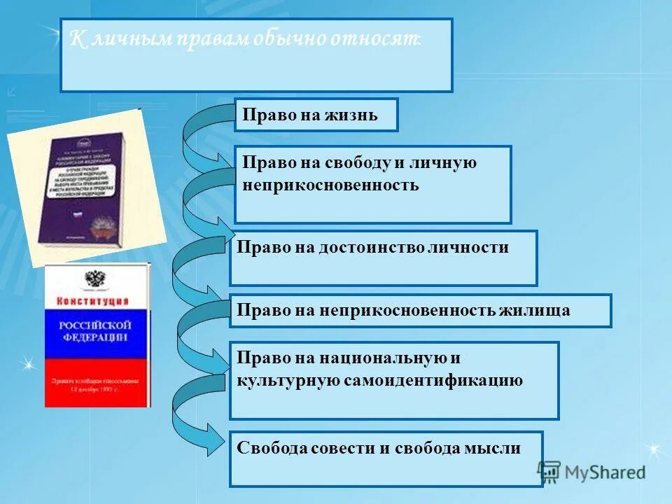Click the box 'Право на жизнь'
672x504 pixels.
[x=316, y=115]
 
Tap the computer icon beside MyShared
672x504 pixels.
[x=549, y=471]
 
